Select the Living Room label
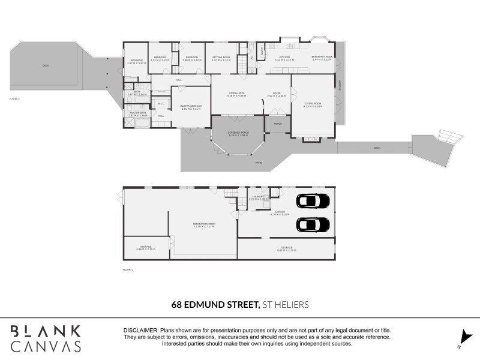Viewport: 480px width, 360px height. coord(313,106)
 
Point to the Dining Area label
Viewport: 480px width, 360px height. coord(236,94)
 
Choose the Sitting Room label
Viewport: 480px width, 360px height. coord(221,59)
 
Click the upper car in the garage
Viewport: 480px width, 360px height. coord(313,201)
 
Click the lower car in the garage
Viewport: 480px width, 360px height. coord(313,224)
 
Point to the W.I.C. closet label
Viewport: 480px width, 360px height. coord(161,103)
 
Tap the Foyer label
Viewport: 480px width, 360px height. coord(277,94)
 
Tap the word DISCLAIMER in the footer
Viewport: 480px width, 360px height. coord(140,330)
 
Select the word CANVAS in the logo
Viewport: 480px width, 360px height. coord(46,346)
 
